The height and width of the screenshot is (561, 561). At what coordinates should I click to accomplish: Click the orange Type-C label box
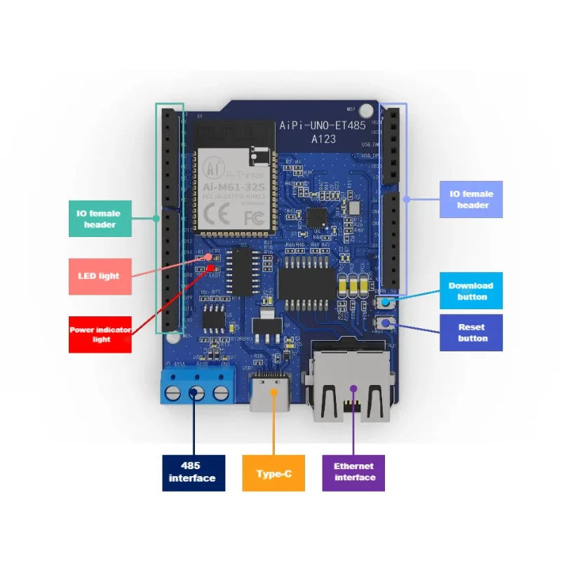[x=273, y=473]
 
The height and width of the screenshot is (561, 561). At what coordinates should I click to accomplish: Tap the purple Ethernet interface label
[x=353, y=472]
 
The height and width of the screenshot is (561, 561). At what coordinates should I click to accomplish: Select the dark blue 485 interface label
[x=194, y=473]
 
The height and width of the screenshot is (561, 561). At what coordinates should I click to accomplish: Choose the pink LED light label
[x=100, y=276]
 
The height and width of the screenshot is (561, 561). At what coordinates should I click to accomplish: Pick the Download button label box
[x=471, y=291]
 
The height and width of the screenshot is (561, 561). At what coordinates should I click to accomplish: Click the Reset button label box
[x=471, y=332]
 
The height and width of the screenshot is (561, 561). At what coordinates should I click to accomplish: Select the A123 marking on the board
[x=324, y=140]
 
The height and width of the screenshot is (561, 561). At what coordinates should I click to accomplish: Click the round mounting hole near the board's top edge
[x=365, y=111]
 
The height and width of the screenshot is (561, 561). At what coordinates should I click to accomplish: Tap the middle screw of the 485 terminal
[x=198, y=392]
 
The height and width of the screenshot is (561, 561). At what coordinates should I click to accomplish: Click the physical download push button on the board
[x=384, y=302]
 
